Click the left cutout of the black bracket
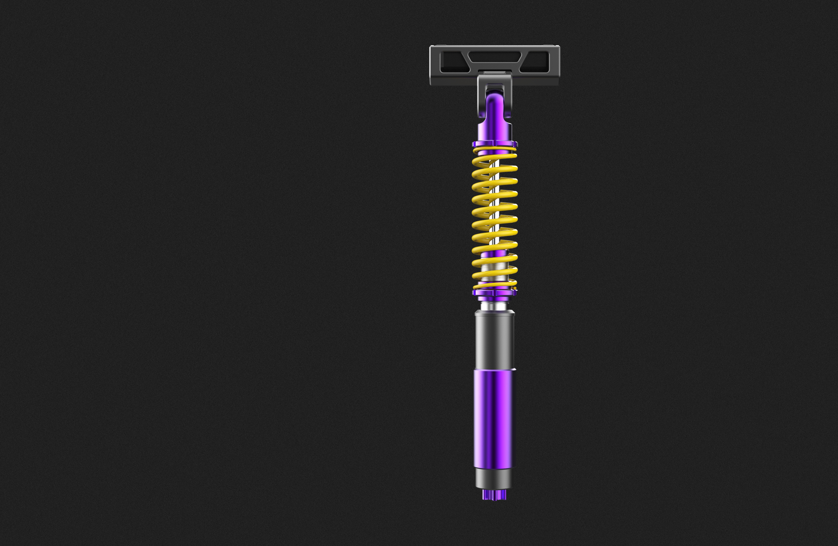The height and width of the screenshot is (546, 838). pos(453,62)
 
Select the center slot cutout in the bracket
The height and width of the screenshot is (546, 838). pos(494,57)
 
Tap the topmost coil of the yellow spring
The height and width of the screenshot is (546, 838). pos(495,149)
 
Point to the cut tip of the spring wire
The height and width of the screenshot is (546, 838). pos(515,288)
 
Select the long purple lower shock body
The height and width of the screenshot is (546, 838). pos(494,419)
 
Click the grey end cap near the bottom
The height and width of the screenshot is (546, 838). pos(494,478)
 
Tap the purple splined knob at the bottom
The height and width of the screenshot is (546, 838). pos(494,495)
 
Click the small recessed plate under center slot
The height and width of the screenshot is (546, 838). pos(494,72)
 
